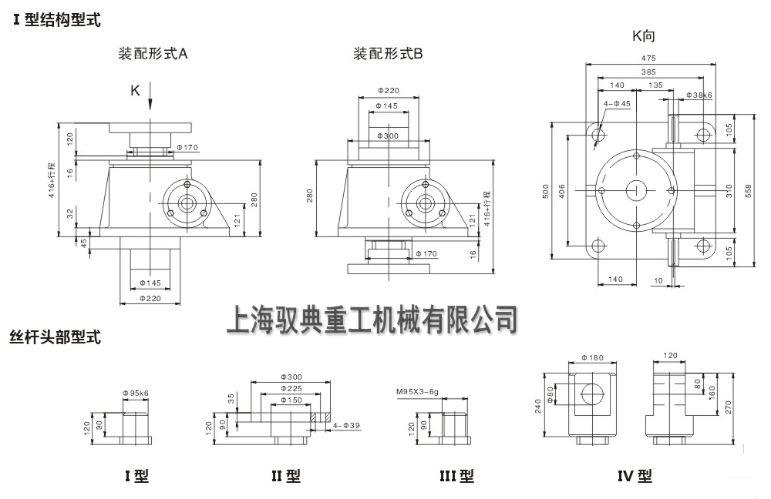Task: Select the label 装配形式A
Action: (153, 54)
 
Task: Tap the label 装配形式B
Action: (388, 54)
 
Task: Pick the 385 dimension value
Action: (648, 72)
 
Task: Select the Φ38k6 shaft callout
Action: (699, 95)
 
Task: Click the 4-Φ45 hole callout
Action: (617, 102)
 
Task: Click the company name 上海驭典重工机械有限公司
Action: (372, 320)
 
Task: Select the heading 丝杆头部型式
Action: (56, 337)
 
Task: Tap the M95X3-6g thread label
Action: (418, 393)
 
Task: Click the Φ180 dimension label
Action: (592, 357)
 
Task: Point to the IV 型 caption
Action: (634, 477)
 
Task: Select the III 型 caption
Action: (456, 477)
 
